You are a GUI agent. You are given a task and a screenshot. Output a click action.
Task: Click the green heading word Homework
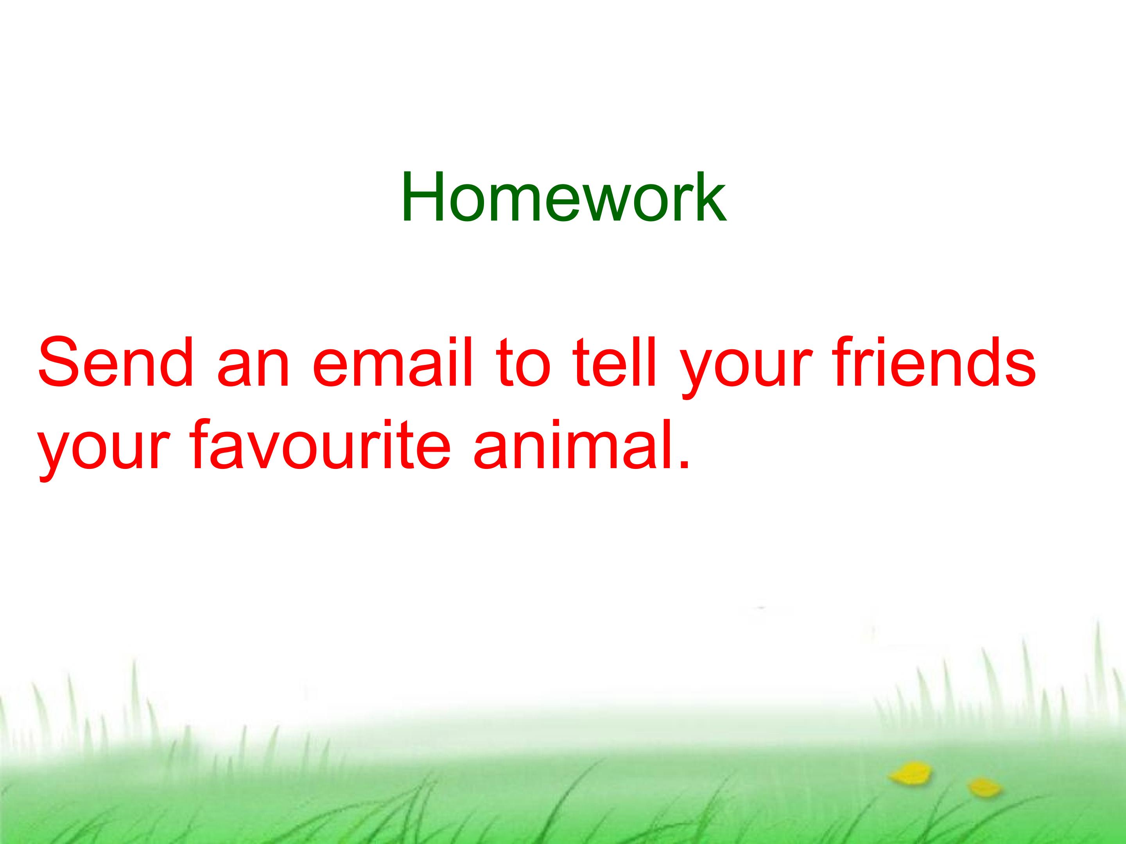click(563, 197)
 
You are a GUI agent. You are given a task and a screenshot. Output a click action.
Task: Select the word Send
click(115, 362)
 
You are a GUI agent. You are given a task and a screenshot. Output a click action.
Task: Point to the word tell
click(614, 362)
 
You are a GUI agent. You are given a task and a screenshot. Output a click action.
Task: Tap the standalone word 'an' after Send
click(253, 369)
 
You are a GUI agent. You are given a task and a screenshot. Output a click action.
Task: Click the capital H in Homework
click(421, 197)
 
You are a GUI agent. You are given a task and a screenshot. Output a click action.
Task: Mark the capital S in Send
click(61, 362)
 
